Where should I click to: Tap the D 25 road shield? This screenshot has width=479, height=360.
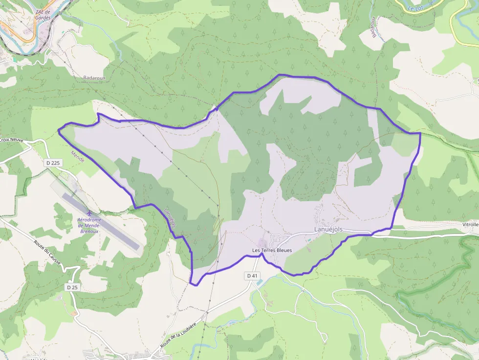72,287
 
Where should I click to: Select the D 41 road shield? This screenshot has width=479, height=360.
252,276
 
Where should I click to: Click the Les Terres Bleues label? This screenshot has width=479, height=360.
272,251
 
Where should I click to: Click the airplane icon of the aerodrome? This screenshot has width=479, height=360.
89,213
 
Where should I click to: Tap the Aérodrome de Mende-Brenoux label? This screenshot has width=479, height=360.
89,225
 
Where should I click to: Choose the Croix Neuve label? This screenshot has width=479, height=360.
11,140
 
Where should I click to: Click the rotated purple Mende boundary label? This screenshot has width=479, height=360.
77,157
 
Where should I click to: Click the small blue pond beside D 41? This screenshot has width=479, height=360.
258,282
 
